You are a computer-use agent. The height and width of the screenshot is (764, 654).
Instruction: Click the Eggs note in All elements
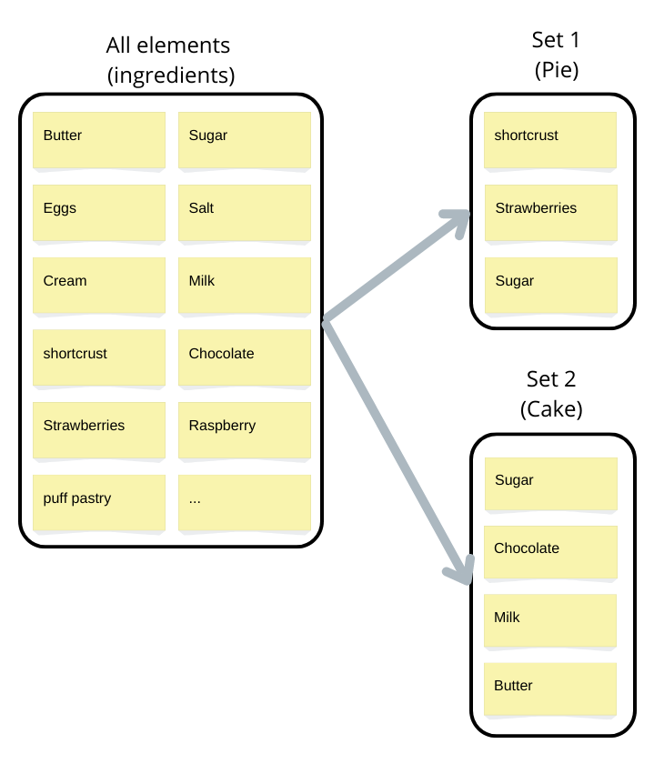(99, 213)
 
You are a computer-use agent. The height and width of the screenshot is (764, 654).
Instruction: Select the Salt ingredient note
(245, 213)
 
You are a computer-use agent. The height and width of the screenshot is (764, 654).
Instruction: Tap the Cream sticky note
(99, 286)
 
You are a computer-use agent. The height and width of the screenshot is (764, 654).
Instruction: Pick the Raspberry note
(245, 430)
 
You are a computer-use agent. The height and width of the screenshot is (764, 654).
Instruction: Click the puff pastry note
(99, 503)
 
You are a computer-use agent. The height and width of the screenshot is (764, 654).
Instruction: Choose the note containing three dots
(245, 503)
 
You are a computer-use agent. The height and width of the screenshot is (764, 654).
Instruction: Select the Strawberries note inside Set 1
(551, 213)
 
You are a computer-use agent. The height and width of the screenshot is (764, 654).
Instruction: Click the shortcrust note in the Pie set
(550, 140)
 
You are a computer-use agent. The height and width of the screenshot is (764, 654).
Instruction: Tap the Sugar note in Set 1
(551, 286)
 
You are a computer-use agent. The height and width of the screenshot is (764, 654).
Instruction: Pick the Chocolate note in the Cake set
(550, 552)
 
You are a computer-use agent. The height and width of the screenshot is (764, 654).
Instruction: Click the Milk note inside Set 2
(550, 621)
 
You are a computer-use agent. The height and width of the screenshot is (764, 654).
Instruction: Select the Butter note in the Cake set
(550, 689)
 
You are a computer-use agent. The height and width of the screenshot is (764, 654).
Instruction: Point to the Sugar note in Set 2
(551, 484)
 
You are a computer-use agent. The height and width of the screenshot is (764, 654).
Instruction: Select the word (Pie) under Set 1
(556, 70)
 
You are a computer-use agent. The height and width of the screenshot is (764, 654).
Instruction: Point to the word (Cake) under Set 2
(551, 409)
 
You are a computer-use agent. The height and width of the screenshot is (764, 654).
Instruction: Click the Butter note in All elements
(99, 140)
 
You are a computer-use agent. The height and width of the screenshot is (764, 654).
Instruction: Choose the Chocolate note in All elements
(245, 357)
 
